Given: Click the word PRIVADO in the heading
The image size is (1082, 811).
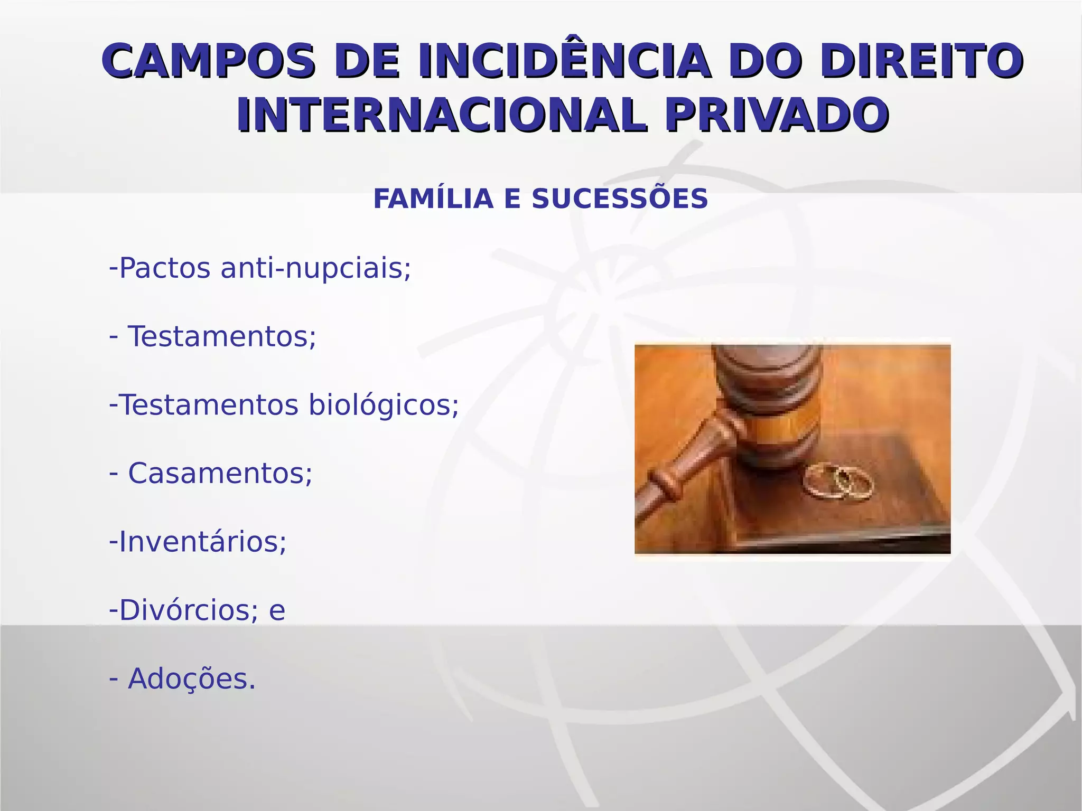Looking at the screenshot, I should click(777, 115).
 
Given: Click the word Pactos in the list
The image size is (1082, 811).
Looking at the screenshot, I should click(165, 268).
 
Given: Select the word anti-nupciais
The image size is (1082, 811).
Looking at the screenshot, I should click(315, 268).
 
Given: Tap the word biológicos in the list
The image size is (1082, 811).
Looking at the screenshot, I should click(384, 405).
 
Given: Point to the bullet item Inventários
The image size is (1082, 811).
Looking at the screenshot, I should click(202, 542).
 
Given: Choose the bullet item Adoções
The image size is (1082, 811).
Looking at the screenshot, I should click(191, 679).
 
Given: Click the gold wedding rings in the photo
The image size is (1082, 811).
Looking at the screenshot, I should click(838, 481).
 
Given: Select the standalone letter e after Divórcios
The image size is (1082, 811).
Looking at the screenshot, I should click(277, 611).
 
